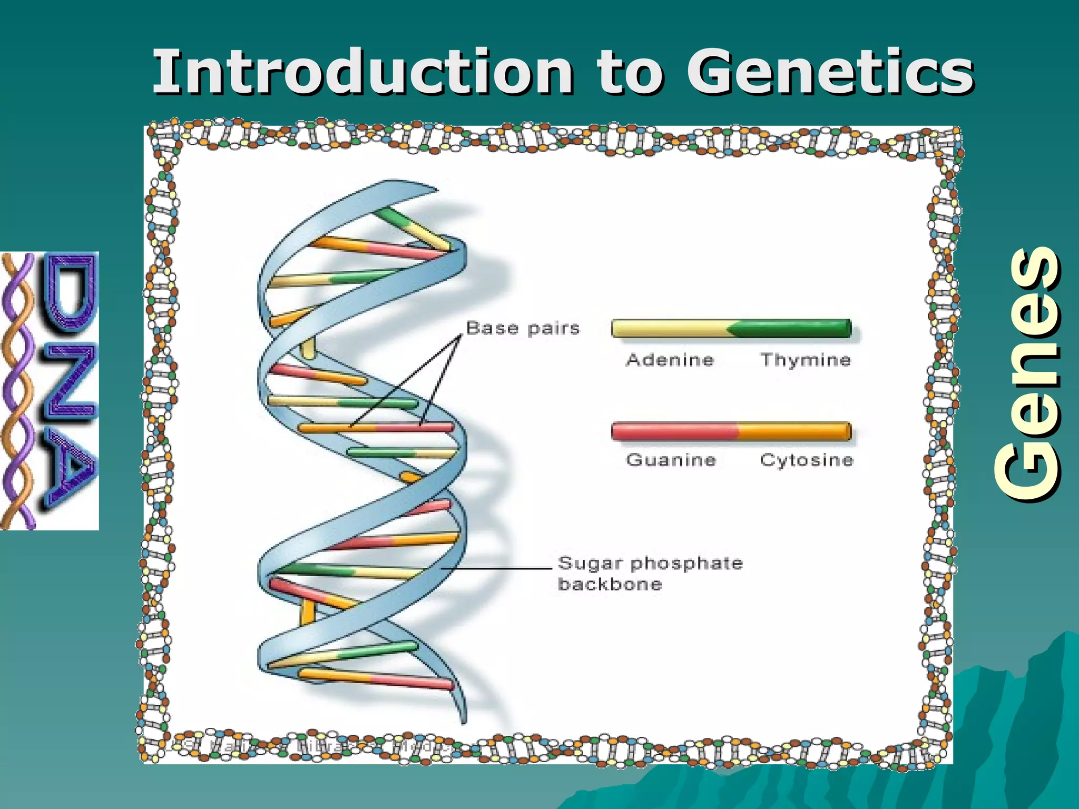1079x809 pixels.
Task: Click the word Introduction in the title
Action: point(362,72)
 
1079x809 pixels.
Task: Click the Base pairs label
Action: point(523,328)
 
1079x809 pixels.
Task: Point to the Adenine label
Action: point(670,360)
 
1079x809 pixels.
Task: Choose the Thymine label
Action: point(805,360)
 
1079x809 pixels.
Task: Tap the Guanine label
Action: point(671,460)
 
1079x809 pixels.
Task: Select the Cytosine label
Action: point(806,460)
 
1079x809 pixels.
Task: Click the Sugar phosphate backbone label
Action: point(649,573)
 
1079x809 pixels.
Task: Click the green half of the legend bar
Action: point(793,329)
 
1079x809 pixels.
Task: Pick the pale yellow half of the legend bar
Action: point(669,329)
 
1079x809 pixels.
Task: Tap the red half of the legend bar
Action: point(674,431)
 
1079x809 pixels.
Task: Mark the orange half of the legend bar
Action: point(793,431)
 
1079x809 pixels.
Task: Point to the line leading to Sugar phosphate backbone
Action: point(495,569)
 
